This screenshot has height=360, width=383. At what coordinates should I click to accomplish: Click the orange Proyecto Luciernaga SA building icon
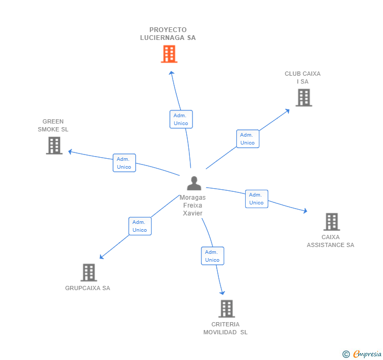pyautogui.click(x=169, y=54)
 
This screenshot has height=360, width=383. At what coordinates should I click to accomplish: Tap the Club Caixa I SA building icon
pyautogui.click(x=304, y=97)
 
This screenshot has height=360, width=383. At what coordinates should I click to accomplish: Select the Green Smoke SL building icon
pyautogui.click(x=54, y=146)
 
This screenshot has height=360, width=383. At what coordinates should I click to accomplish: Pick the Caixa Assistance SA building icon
pyautogui.click(x=331, y=222)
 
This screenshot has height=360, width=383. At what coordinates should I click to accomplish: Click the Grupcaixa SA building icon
pyautogui.click(x=89, y=272)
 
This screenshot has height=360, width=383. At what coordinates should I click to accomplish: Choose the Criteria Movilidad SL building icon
pyautogui.click(x=226, y=308)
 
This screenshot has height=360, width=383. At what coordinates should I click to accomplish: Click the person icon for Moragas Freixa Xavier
pyautogui.click(x=194, y=183)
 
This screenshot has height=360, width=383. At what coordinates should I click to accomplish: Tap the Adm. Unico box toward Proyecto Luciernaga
pyautogui.click(x=181, y=119)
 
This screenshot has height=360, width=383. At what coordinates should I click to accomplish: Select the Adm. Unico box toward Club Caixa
pyautogui.click(x=247, y=139)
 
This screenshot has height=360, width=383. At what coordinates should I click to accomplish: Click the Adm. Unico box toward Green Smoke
pyautogui.click(x=124, y=163)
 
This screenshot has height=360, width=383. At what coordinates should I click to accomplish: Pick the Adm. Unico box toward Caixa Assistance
pyautogui.click(x=257, y=199)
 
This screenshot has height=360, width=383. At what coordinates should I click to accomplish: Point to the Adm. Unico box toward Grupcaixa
pyautogui.click(x=140, y=226)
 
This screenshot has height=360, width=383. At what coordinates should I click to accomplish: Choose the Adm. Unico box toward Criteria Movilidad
pyautogui.click(x=213, y=256)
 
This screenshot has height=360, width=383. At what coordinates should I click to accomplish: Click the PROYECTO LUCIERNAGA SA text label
pyautogui.click(x=168, y=34)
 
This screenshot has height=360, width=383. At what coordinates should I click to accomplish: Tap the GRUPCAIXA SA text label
pyautogui.click(x=88, y=288)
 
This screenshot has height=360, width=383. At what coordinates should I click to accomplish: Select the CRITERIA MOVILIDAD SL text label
pyautogui.click(x=226, y=328)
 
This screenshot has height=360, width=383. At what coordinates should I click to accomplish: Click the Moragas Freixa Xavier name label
pyautogui.click(x=193, y=205)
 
